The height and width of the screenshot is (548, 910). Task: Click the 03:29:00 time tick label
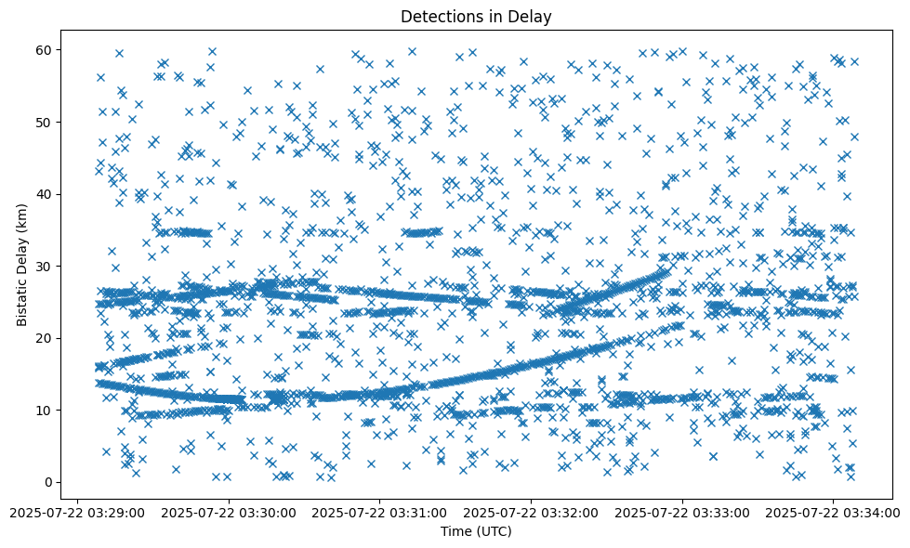(78, 512)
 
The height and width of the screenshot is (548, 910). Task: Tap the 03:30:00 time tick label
(229, 512)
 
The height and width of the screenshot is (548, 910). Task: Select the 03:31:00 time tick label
(380, 512)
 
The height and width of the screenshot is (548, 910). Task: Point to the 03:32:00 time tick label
(532, 512)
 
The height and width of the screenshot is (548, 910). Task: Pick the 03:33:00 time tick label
(682, 512)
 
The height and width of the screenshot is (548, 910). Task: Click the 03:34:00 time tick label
(834, 512)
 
